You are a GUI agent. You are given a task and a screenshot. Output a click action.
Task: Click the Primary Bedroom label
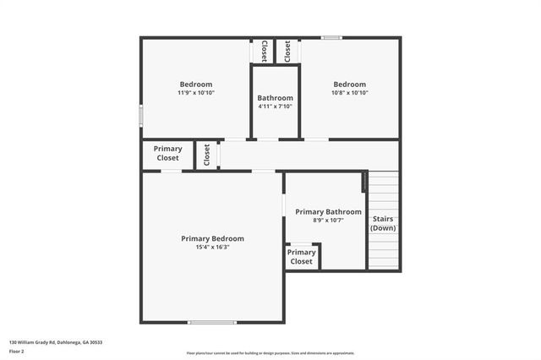(212, 238)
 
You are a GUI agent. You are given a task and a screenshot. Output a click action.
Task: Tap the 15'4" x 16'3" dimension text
(212, 248)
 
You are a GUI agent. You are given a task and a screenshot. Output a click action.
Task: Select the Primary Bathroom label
(328, 212)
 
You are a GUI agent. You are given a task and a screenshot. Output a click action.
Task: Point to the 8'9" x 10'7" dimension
(328, 221)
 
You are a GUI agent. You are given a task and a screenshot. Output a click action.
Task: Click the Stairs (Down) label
(383, 223)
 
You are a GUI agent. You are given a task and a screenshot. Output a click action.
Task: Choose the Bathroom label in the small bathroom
(276, 98)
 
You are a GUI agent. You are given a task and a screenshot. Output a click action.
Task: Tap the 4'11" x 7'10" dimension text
(276, 106)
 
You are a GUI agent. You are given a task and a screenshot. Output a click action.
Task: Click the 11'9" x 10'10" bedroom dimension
(195, 93)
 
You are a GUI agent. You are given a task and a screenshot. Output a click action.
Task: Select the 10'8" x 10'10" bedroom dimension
(349, 93)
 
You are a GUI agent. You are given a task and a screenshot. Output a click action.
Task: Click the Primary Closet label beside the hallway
(167, 154)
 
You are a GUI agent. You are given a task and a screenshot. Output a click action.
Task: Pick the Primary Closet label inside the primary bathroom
(301, 257)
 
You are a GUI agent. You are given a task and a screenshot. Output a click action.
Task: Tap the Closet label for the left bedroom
(265, 51)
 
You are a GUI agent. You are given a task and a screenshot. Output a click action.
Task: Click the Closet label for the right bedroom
(287, 51)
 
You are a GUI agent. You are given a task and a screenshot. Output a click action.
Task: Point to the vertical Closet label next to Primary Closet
(206, 155)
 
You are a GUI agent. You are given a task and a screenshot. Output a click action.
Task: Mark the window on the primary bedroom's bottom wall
(212, 322)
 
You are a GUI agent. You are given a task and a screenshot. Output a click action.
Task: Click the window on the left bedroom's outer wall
(141, 116)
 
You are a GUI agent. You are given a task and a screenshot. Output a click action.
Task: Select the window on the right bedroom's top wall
(331, 37)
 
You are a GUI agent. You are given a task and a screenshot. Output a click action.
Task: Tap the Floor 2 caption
(17, 350)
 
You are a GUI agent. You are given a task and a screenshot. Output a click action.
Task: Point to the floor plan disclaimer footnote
(270, 353)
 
